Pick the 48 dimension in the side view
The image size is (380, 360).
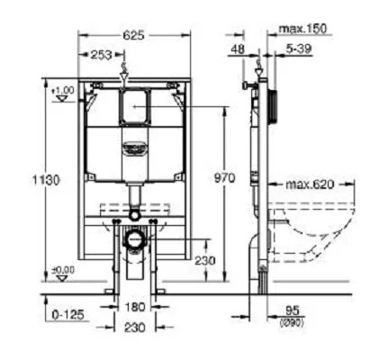(237, 48)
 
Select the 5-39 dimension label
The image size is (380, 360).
(300, 48)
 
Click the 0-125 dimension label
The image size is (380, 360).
(68, 314)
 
